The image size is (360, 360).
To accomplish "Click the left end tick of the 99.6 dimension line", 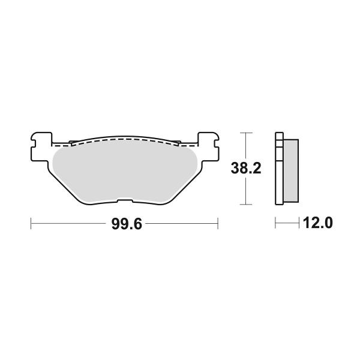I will click(31, 224).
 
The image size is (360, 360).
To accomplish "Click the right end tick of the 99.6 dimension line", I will click(217, 224).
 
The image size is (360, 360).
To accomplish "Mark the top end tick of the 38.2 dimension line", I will click(245, 132).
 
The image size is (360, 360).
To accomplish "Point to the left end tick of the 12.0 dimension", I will click(275, 224).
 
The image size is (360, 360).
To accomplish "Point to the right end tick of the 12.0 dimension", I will click(299, 224).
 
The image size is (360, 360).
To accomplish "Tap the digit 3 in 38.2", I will click(238, 169).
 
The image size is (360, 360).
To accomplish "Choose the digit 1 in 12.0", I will click(307, 224).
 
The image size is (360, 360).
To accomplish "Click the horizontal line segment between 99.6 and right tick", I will click(180, 224).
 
